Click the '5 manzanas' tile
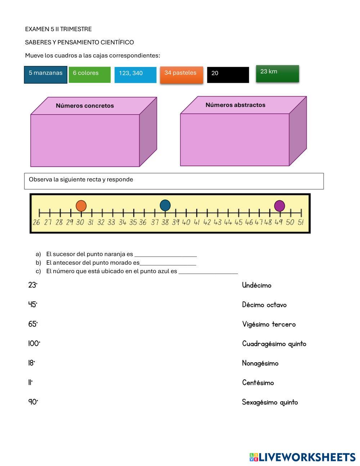click(x=46, y=75)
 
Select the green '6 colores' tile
click(x=90, y=75)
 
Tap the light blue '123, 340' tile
click(x=135, y=75)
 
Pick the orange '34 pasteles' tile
click(x=181, y=75)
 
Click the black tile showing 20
click(x=228, y=75)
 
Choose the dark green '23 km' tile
click(x=277, y=73)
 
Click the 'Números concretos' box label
click(x=85, y=106)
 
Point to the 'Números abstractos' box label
click(x=235, y=105)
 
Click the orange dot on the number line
click(x=81, y=206)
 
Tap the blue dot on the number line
click(x=165, y=205)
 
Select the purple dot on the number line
click(x=279, y=206)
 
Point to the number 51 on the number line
click(x=301, y=222)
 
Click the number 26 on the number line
click(x=36, y=222)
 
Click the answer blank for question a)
click(x=166, y=254)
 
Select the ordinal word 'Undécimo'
click(x=257, y=286)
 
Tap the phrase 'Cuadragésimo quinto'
click(x=274, y=344)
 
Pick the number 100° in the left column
click(x=34, y=344)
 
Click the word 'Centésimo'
click(x=258, y=383)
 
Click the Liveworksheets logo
click(x=302, y=457)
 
